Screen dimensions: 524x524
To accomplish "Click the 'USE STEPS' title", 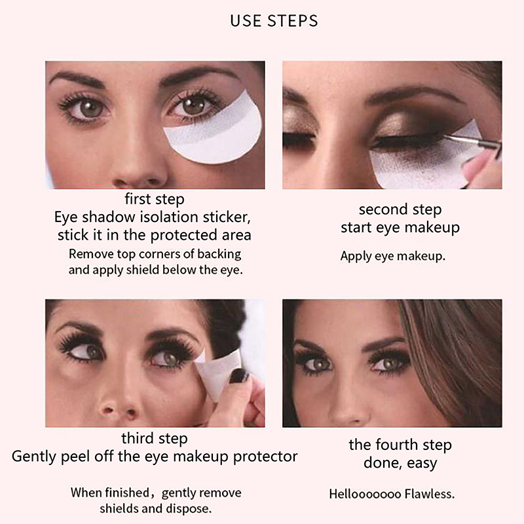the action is coord(274,21).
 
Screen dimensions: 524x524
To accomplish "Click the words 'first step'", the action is coord(155,199).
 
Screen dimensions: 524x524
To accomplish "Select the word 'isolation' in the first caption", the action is coord(170,217).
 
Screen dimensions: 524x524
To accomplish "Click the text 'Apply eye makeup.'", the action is coord(392,256).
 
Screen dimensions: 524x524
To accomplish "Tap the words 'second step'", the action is coord(400,210).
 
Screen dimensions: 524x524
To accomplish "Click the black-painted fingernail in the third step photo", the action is coord(239,375).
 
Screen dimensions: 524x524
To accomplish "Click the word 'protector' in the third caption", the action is coord(265,457).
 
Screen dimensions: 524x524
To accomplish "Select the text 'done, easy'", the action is coord(400,463).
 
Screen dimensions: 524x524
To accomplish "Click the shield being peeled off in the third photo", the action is coord(217,374).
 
